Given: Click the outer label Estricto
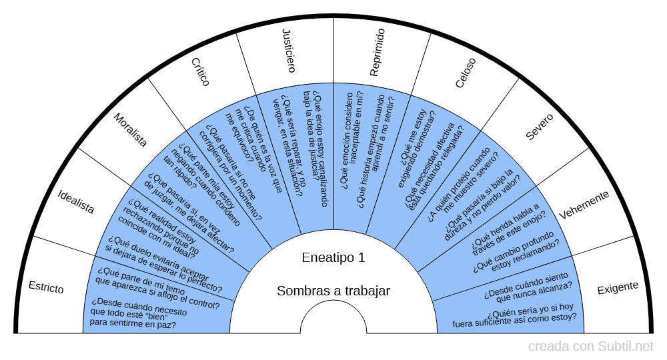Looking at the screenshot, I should (x=46, y=287).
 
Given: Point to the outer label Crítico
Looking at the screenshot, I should (x=200, y=72).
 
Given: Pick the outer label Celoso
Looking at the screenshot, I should (x=466, y=73).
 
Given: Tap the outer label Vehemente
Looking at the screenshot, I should (x=584, y=205).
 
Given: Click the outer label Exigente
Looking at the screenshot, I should (x=618, y=287).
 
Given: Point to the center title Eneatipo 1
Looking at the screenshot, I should (x=333, y=258).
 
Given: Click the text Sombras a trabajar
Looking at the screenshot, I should (x=333, y=291).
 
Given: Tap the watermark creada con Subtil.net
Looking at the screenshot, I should (x=591, y=347).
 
